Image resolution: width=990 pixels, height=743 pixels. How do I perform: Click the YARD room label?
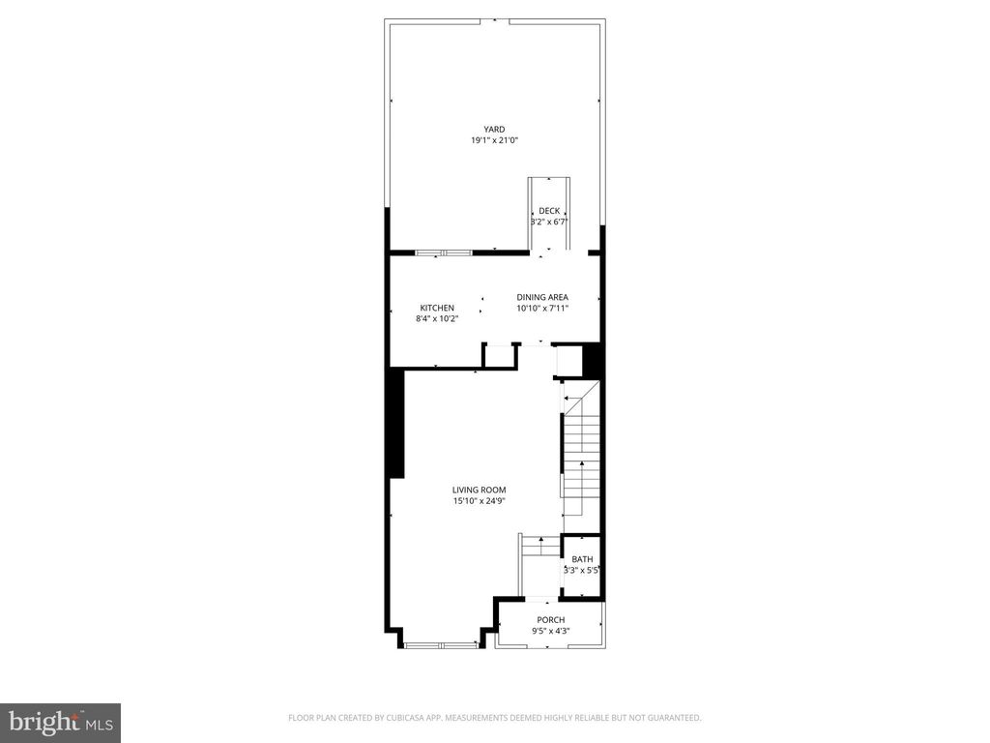click(x=494, y=129)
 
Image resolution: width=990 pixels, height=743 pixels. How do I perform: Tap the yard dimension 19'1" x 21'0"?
click(x=494, y=140)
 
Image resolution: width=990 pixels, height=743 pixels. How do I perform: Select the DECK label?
click(x=548, y=211)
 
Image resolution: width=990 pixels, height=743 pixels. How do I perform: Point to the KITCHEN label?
click(x=436, y=308)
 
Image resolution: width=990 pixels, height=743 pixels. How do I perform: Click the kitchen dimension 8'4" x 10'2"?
click(x=436, y=318)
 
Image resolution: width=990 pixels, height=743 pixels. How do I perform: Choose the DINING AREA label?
click(x=541, y=297)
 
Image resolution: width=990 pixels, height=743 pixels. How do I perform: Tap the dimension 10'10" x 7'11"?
click(x=541, y=308)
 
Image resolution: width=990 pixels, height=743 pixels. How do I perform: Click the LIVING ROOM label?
click(x=479, y=490)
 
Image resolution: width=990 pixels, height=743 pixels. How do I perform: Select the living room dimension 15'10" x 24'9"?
click(x=479, y=501)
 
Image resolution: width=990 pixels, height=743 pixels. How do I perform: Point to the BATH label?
click(x=582, y=559)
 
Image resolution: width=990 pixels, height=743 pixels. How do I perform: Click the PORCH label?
click(x=550, y=620)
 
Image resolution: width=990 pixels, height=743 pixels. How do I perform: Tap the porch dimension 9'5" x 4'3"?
click(x=550, y=632)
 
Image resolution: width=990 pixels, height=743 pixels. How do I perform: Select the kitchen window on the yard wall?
click(x=443, y=253)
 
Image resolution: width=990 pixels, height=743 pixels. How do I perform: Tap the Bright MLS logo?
click(x=59, y=722)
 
